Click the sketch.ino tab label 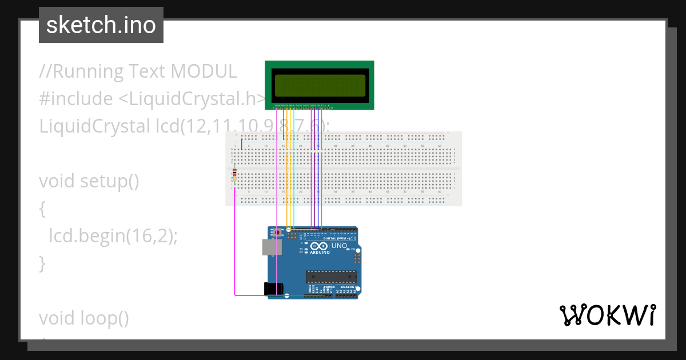[101, 25]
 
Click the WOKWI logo [607, 315]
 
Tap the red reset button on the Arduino [278, 233]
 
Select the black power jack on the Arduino [274, 289]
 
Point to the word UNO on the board [339, 246]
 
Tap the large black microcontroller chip [331, 277]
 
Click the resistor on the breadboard [236, 174]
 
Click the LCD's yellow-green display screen [319, 85]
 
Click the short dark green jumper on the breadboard [242, 144]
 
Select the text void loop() [84, 318]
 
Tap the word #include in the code [76, 99]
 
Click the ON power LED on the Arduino [353, 250]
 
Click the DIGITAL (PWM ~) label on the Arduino [337, 238]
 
